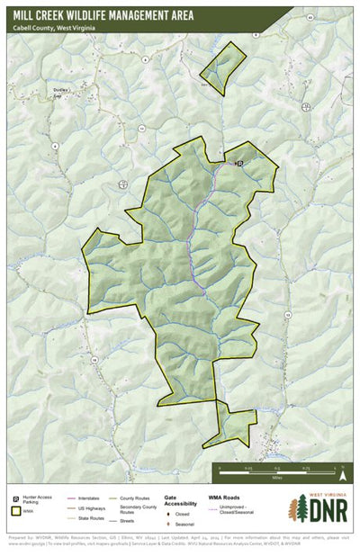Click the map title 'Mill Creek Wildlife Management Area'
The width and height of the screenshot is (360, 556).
point(115,14)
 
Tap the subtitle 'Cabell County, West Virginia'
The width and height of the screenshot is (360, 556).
point(54,29)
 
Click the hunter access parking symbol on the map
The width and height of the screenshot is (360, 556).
point(239,164)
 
